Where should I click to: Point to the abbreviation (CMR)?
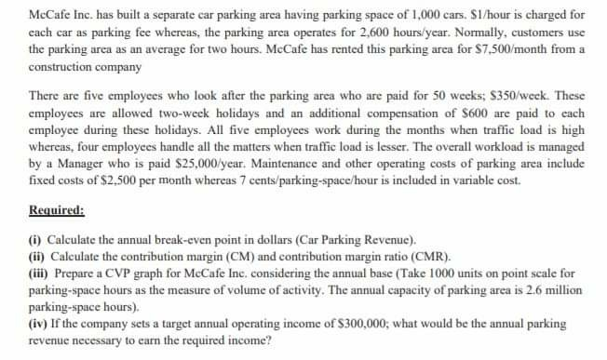click(x=425, y=254)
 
